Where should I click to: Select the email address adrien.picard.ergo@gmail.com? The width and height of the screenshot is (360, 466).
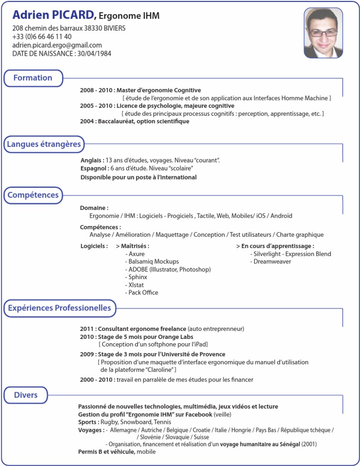point(57,45)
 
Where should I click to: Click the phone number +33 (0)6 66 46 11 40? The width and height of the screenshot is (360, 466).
point(42,37)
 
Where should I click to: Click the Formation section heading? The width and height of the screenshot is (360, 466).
point(33,78)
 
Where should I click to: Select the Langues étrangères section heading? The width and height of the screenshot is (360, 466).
point(44,144)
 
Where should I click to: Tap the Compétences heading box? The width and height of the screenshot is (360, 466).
point(33,195)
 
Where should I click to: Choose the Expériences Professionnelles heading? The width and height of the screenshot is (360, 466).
point(60,308)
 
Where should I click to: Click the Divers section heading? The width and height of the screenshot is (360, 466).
point(26,395)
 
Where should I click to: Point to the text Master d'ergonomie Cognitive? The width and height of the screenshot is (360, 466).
point(159,90)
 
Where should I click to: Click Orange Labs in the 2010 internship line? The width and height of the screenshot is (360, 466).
point(175,337)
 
